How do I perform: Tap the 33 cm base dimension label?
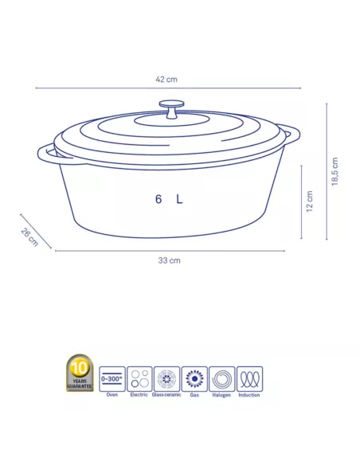tap(168, 260)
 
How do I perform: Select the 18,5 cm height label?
tap(335, 172)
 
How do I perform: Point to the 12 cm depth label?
tap(310, 202)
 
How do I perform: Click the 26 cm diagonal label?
tap(29, 237)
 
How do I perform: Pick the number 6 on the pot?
tap(159, 201)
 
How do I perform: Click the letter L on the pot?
tap(179, 201)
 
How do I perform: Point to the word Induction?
tap(249, 394)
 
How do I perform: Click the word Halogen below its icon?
tap(221, 394)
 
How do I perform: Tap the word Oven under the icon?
tap(112, 394)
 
